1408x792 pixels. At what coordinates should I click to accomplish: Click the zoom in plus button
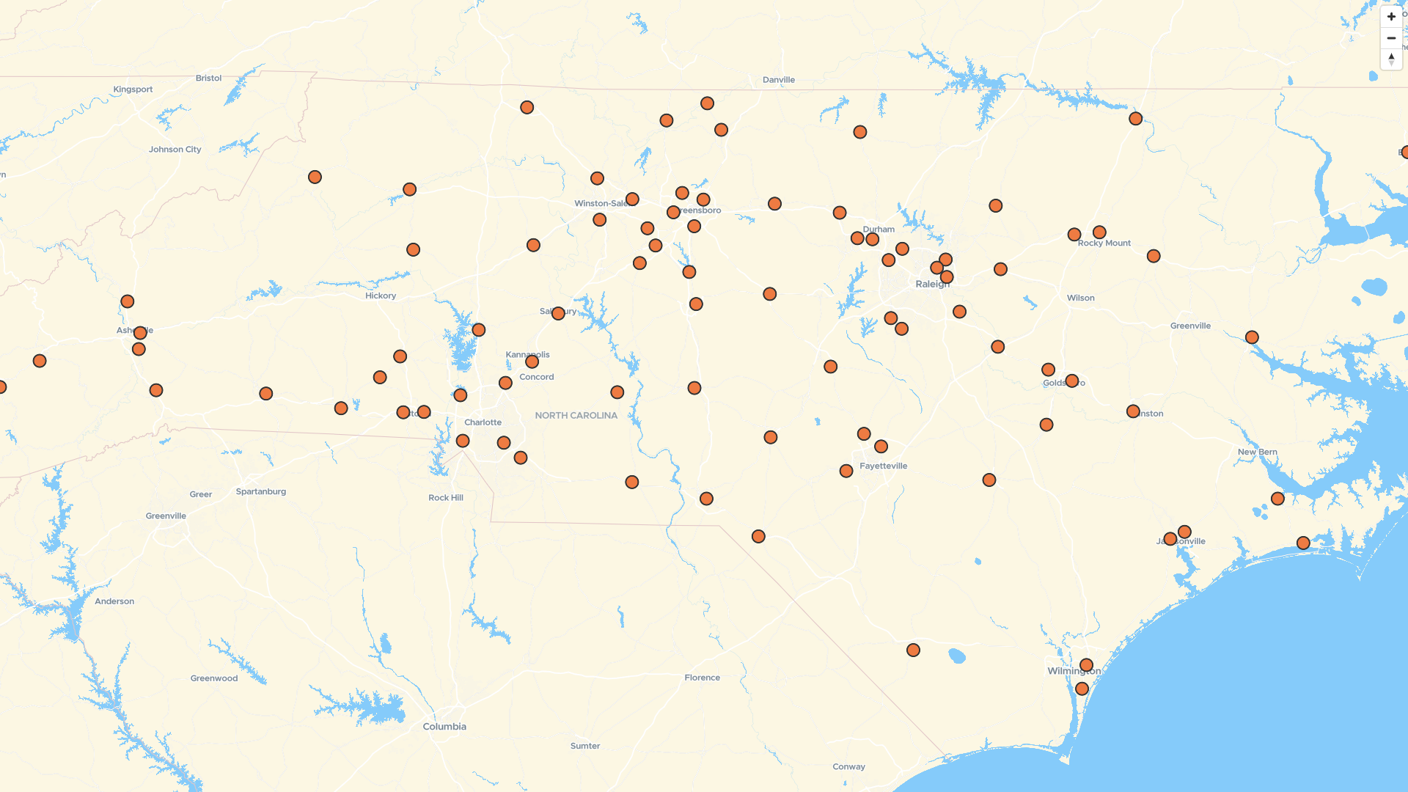(x=1391, y=16)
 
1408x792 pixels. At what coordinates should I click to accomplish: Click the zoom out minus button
(x=1391, y=38)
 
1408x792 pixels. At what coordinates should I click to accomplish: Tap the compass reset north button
(x=1391, y=59)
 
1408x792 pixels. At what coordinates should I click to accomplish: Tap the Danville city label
(x=778, y=80)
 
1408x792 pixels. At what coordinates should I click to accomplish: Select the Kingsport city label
(x=133, y=89)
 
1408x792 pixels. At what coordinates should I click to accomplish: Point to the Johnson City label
(x=175, y=150)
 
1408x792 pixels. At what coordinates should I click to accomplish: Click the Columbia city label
(x=444, y=727)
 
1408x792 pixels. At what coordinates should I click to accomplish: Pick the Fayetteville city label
(x=883, y=466)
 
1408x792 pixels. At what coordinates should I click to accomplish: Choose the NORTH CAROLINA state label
(x=576, y=416)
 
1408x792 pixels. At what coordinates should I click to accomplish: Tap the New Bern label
(x=1257, y=452)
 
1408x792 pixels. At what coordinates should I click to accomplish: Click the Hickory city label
(x=381, y=296)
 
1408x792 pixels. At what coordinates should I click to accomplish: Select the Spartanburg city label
(x=260, y=492)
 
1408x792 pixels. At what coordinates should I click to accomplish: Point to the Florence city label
(x=702, y=678)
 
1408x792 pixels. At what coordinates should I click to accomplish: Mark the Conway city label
(x=848, y=767)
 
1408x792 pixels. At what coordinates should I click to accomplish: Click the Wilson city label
(x=1080, y=298)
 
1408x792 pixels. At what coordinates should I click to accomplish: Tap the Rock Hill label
(x=445, y=498)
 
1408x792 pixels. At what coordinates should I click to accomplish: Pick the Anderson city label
(x=114, y=601)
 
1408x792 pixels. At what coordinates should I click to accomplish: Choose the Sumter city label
(x=584, y=747)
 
